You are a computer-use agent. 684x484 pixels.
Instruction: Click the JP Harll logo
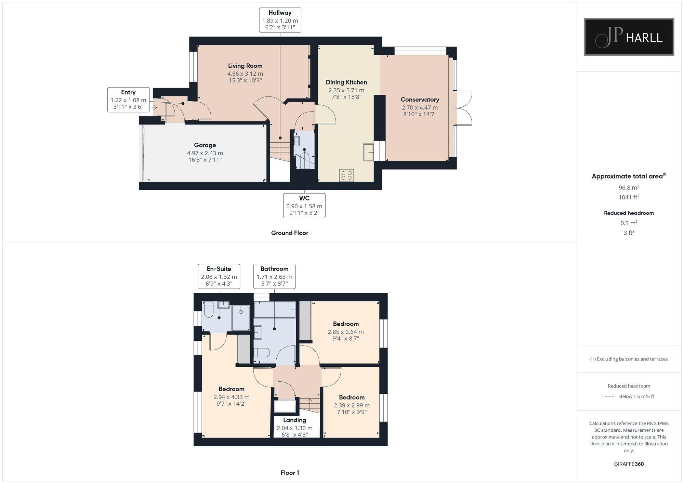[x=629, y=37]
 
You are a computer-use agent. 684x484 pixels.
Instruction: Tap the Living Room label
[x=245, y=66]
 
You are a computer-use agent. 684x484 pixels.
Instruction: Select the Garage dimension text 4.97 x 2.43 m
[x=205, y=153]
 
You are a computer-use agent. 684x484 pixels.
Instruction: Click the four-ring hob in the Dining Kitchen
[x=346, y=175]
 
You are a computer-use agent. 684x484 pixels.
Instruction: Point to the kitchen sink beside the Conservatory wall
[x=368, y=152]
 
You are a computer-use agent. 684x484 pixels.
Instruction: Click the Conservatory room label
[x=420, y=100]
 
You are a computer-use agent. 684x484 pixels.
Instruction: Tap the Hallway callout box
[x=280, y=20]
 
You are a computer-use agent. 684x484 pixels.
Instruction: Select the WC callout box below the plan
[x=304, y=206]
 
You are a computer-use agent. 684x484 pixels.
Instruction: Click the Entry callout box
[x=128, y=100]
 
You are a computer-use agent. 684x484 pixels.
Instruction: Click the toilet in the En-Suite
[x=208, y=311]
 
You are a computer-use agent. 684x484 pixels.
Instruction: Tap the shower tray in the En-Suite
[x=241, y=318]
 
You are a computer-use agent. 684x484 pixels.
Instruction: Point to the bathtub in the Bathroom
[x=275, y=309]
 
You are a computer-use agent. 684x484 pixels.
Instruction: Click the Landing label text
[x=294, y=420]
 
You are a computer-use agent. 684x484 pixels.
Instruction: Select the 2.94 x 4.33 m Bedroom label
[x=232, y=397]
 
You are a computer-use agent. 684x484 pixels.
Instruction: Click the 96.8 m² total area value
[x=629, y=187]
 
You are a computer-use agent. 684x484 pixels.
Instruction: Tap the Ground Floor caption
[x=290, y=233]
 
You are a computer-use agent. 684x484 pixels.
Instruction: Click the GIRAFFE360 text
[x=629, y=464]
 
